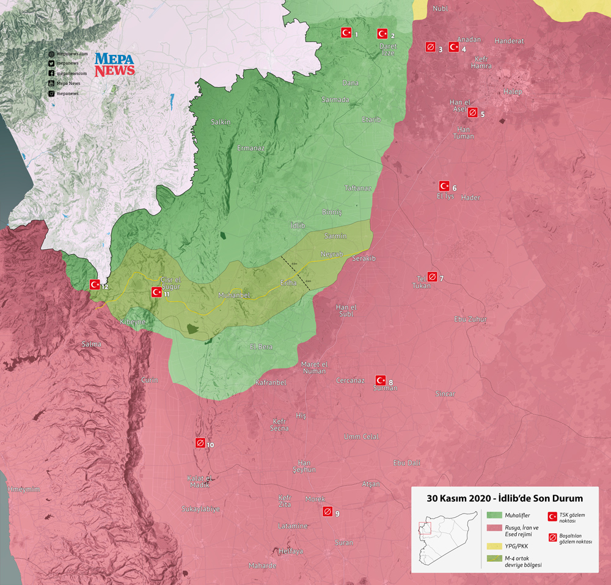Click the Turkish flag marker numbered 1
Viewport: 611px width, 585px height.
(346, 33)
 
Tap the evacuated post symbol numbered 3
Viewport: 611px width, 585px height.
(430, 47)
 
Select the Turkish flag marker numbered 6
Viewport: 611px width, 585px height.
(444, 186)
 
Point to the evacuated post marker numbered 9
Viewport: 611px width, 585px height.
(327, 512)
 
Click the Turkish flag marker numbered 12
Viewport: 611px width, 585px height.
(95, 284)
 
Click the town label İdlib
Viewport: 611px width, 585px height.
(298, 225)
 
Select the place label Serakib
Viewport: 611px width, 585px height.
(364, 259)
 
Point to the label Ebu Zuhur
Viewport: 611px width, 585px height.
(470, 319)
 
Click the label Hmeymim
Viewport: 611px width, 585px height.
(24, 489)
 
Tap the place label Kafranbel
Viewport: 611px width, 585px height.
(270, 382)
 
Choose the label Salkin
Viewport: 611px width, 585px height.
(221, 122)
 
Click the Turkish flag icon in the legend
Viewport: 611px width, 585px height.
(552, 515)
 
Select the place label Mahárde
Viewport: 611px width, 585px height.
(263, 565)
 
